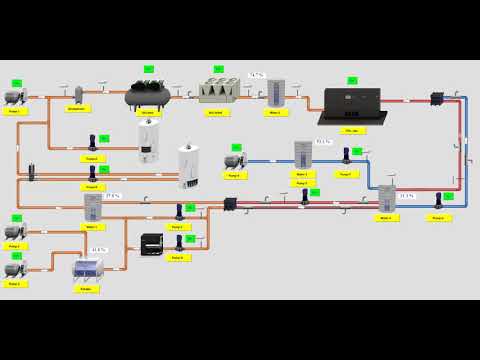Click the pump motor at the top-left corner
pos(15,97)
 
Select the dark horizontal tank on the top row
pos(147,95)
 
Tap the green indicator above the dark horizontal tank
pos(148,69)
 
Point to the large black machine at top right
pos(351,104)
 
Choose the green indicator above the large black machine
pos(352,80)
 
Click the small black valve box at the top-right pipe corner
pos(436,98)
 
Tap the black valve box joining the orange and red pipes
pos(230,204)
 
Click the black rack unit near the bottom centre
pos(152,244)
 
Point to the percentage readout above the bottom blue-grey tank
pos(98,250)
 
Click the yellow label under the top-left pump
pos(14,111)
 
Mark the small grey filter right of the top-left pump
pos(78,94)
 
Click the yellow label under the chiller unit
pos(217,112)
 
